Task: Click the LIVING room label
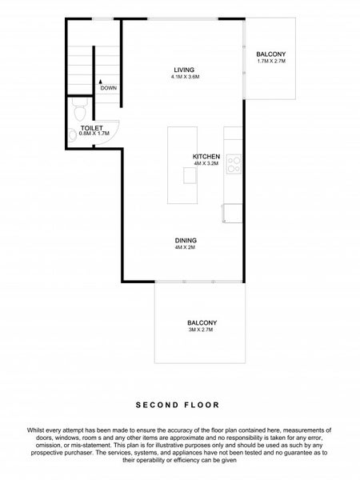(x=184, y=70)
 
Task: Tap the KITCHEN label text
(x=206, y=156)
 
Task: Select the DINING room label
(x=186, y=240)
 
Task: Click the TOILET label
(x=91, y=127)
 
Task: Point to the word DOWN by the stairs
(x=109, y=88)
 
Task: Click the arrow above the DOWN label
(x=100, y=80)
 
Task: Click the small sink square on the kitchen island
(x=189, y=176)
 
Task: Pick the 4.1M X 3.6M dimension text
(x=184, y=77)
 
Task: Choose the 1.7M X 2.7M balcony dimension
(x=270, y=62)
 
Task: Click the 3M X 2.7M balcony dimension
(x=202, y=330)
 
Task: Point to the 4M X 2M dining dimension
(x=186, y=247)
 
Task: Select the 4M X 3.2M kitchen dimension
(x=206, y=163)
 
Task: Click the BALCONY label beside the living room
(x=270, y=54)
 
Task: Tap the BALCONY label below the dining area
(x=202, y=322)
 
